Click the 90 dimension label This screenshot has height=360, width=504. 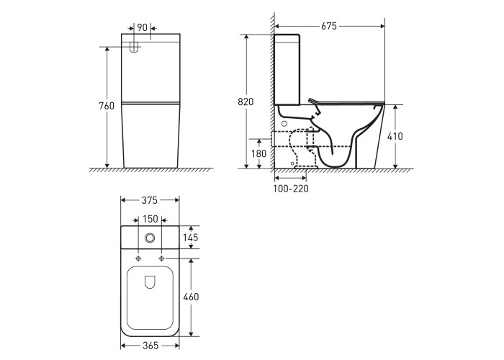[x=142, y=27]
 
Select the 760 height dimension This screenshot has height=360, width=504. [x=107, y=106]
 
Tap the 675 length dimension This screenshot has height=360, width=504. [x=329, y=26]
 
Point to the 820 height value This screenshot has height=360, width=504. [x=246, y=102]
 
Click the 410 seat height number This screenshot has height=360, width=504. [x=395, y=136]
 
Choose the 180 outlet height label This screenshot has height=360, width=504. [x=258, y=153]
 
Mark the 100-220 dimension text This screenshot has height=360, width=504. [x=291, y=189]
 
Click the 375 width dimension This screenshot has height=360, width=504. [x=150, y=200]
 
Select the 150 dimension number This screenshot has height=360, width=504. [x=150, y=219]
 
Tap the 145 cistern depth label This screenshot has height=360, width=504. [x=190, y=238]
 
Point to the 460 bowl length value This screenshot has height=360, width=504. [x=191, y=297]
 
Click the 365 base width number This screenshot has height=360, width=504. [x=150, y=346]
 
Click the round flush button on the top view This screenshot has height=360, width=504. [x=150, y=238]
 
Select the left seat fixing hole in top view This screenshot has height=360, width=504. [x=138, y=258]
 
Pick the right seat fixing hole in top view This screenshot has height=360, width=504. [x=161, y=258]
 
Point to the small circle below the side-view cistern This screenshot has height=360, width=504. [x=284, y=123]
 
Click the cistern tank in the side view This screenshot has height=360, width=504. [x=287, y=69]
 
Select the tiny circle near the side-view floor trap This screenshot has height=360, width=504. [x=292, y=163]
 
